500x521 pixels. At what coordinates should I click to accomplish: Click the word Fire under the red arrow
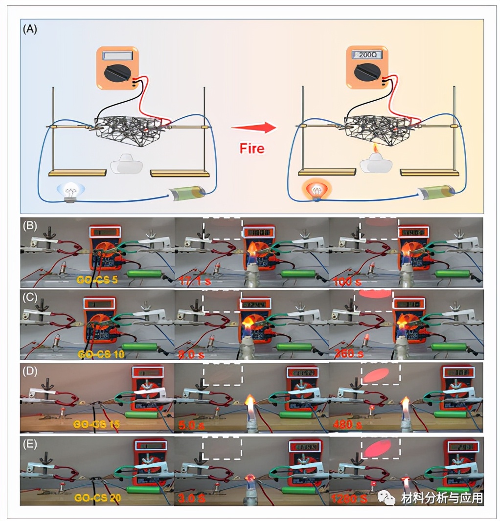click(x=252, y=148)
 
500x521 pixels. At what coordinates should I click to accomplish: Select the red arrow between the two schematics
click(x=253, y=129)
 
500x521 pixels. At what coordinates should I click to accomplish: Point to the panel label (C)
click(x=30, y=297)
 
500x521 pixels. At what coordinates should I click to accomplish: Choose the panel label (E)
click(x=30, y=443)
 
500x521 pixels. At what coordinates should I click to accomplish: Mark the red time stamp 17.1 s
click(x=191, y=281)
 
